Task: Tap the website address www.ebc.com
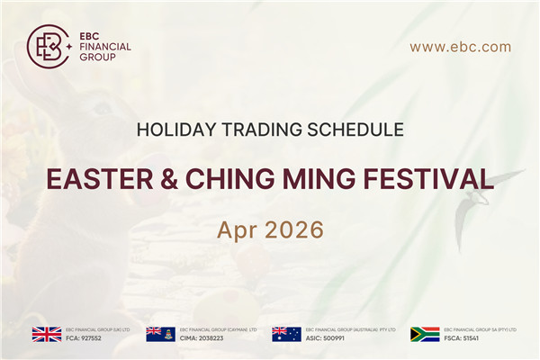tap(460, 47)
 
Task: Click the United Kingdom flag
tap(46, 334)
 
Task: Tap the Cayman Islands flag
tap(160, 334)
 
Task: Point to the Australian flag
tap(286, 334)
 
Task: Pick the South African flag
tap(424, 334)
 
